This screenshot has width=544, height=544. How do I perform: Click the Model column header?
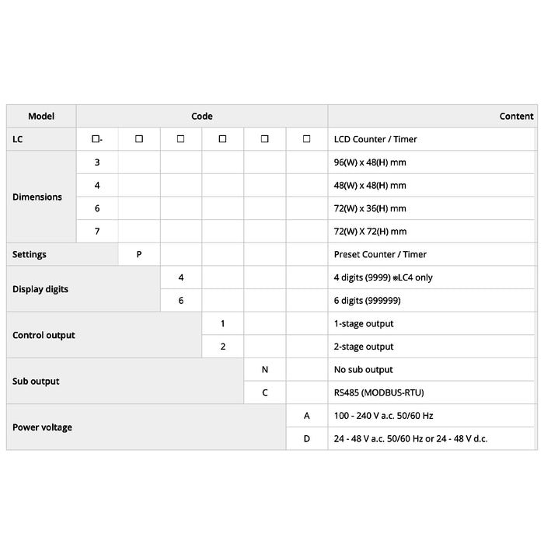[x=41, y=117]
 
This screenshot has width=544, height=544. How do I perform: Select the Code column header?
[x=202, y=117]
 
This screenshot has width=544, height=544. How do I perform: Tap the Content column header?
[x=516, y=117]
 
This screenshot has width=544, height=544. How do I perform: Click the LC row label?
[x=18, y=139]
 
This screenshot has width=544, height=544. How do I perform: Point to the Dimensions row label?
[x=37, y=197]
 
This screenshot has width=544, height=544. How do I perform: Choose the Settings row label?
[x=30, y=254]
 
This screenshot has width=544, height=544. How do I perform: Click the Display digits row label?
[x=40, y=289]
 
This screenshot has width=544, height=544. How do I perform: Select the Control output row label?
[x=44, y=335]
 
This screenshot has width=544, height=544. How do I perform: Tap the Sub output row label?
[x=36, y=381]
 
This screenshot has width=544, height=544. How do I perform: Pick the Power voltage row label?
[x=42, y=427]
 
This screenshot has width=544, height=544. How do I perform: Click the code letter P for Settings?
[x=139, y=254]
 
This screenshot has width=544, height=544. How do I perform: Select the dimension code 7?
[x=97, y=232]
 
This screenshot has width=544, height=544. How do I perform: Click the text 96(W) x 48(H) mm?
[x=370, y=162]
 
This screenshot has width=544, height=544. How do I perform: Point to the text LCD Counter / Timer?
[x=375, y=139]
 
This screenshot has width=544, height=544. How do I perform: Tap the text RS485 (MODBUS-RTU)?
[x=379, y=392]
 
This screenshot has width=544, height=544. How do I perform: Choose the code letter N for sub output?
[x=265, y=370]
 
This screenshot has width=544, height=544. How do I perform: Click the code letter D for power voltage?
[x=307, y=438]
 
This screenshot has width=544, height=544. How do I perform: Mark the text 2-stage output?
[x=364, y=347]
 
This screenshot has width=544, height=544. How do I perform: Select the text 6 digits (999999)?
[x=368, y=300]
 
